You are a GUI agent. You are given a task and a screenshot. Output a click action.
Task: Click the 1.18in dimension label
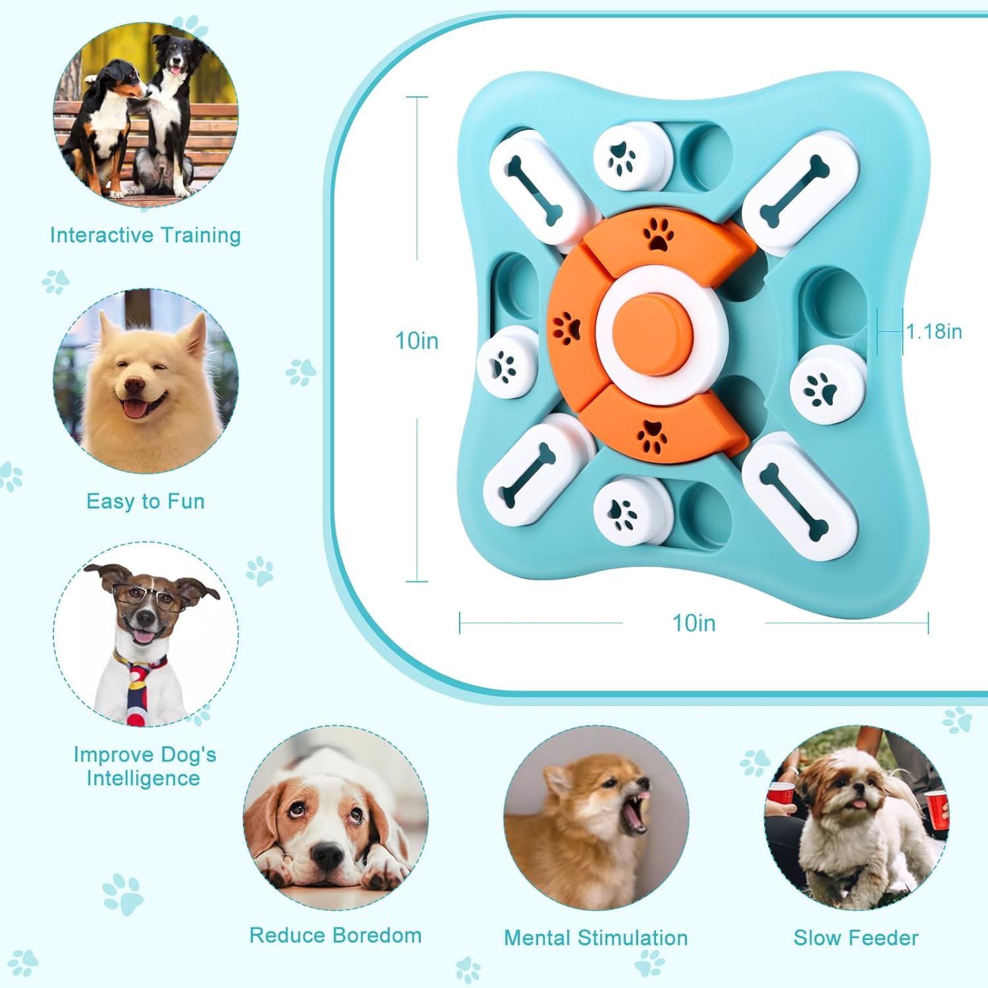point(934,331)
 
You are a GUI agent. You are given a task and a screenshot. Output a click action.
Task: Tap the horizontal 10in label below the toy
point(694,623)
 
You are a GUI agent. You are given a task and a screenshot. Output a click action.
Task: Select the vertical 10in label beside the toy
point(416,341)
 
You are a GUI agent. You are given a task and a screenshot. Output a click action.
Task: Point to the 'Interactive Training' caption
point(146,235)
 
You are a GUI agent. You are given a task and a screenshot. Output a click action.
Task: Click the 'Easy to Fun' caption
point(146,501)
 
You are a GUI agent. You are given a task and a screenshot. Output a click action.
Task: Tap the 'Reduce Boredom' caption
point(335,935)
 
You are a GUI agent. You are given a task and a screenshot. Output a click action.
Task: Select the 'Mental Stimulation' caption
point(596,938)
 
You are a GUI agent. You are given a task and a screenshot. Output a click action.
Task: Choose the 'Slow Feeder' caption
point(856,938)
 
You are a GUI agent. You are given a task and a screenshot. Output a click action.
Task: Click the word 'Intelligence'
point(144,779)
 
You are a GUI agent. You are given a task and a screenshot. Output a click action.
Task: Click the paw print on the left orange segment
point(566,327)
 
